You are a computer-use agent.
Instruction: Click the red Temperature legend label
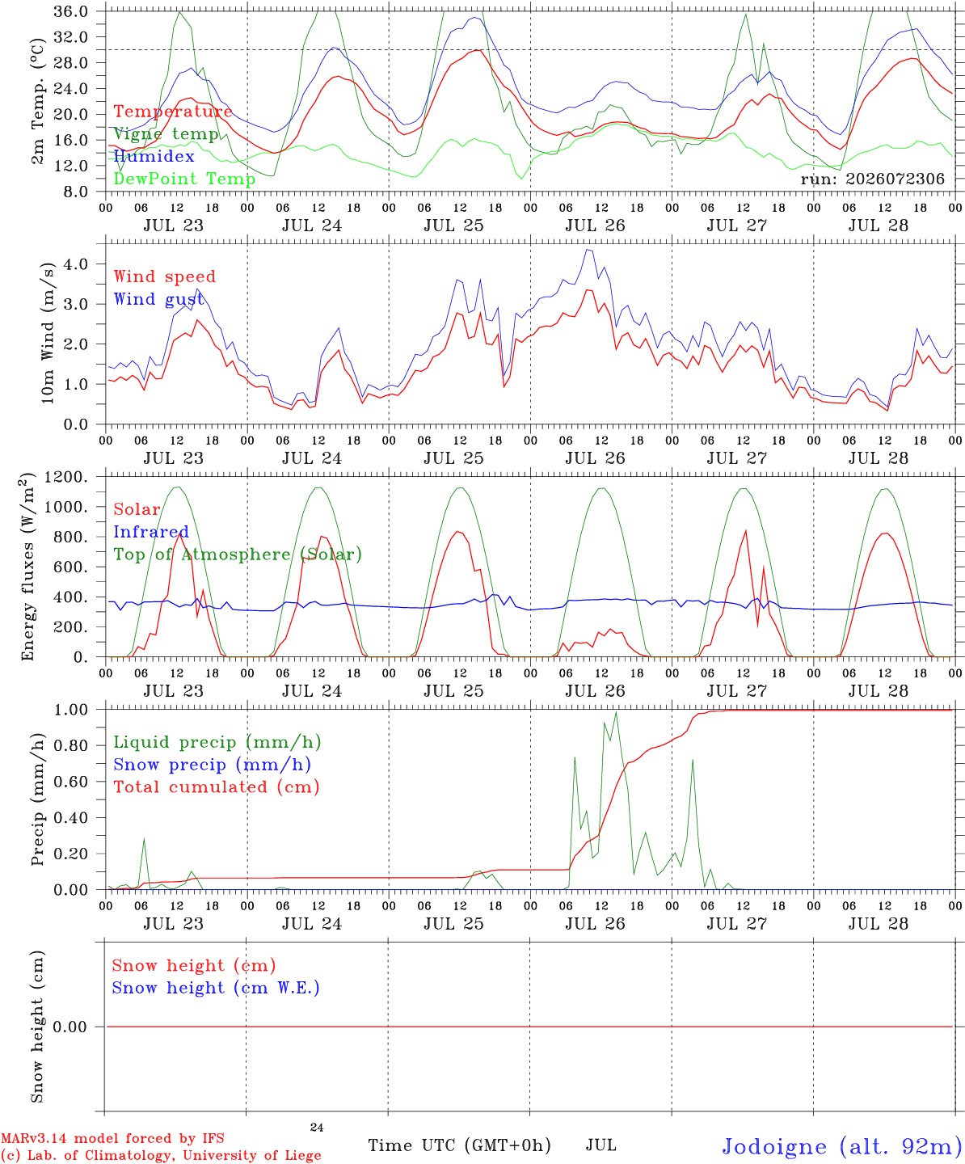point(173,112)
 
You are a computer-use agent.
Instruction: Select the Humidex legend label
point(154,156)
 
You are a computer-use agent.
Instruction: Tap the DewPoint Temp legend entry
point(184,179)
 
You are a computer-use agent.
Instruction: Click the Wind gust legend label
point(159,299)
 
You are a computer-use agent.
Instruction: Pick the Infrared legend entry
point(151,532)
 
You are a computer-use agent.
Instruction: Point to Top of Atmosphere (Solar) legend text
point(238,555)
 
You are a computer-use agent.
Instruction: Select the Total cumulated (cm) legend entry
point(217,787)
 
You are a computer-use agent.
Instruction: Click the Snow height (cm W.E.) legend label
point(216,987)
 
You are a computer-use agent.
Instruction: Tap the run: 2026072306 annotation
point(872,179)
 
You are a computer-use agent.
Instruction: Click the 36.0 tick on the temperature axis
point(71,11)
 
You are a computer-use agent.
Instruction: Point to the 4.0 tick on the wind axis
point(76,264)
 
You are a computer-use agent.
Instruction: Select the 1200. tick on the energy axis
point(66,477)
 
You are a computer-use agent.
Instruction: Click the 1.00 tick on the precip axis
point(71,710)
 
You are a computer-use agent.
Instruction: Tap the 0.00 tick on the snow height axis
point(70,1027)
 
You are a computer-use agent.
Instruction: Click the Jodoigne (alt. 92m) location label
point(843,1145)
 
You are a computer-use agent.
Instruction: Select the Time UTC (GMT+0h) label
point(459,1145)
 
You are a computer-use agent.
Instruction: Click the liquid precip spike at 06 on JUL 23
point(144,838)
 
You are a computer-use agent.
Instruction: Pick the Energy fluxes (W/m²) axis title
point(27,567)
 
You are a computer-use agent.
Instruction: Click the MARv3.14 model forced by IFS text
point(112,1138)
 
